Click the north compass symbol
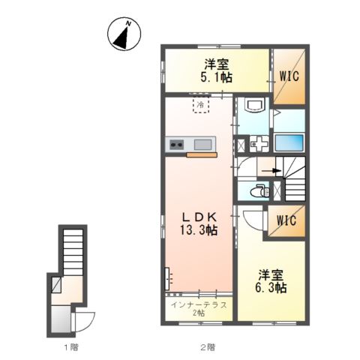coord(124,34)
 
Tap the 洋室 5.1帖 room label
coord(217,70)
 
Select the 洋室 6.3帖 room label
coord(271,281)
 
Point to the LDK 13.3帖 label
coord(199,223)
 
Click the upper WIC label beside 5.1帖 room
coord(289,76)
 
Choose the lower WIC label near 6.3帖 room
coord(286,220)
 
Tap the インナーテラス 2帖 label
coord(199,309)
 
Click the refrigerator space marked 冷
coord(201,105)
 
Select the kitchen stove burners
coord(177,145)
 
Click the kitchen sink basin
coord(203,145)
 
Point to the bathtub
coord(289,142)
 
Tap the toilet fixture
coord(260,191)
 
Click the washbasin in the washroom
coord(255,105)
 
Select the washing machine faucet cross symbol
coord(259,144)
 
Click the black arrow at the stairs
coord(271,171)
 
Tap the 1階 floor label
coord(71,347)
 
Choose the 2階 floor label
coord(208,347)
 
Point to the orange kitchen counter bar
coord(202,155)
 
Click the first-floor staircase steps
coord(73,252)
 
